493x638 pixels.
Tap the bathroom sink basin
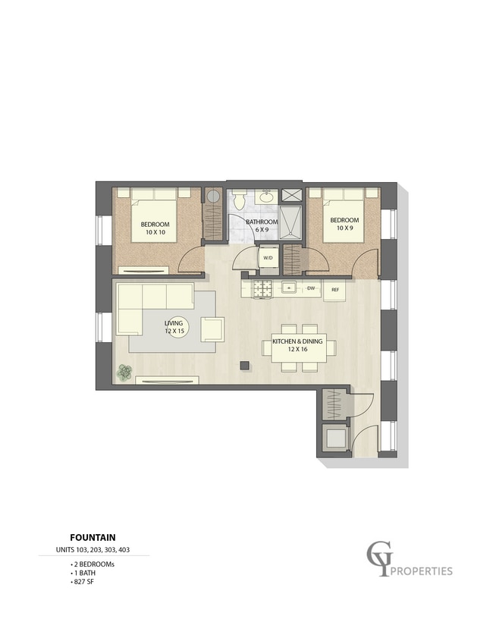point(267,197)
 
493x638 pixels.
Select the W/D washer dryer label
point(268,258)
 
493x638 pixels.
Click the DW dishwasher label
point(311,288)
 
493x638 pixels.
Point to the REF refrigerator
point(334,290)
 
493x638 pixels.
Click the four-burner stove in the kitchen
point(263,289)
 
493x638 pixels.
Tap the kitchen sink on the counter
point(289,288)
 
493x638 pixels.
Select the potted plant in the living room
point(125,372)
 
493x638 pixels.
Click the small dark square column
point(244,365)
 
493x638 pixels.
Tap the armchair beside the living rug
point(212,329)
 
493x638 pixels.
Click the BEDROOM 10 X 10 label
point(155,228)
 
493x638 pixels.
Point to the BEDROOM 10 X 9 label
point(344,224)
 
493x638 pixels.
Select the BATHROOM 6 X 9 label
point(262,225)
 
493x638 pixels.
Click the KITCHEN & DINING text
point(297,341)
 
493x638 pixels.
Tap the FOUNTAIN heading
point(93,538)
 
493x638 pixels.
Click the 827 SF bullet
point(83,582)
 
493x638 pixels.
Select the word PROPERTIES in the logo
point(422,571)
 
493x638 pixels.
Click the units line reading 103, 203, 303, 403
point(93,550)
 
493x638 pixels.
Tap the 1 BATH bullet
point(83,573)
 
